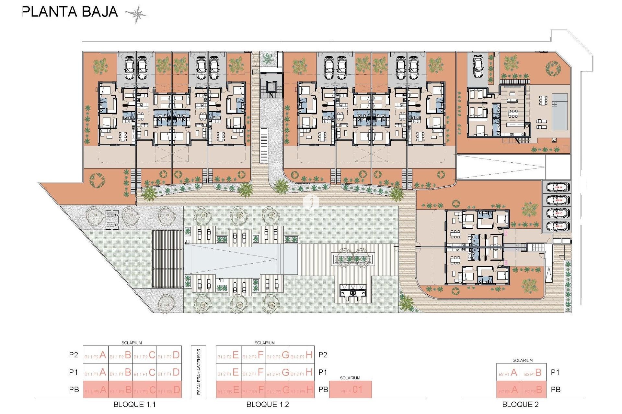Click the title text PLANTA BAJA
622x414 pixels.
coord(70,12)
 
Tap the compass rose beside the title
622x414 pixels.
coord(137,14)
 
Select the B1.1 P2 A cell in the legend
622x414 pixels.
coord(96,355)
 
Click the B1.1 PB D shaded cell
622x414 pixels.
coord(169,390)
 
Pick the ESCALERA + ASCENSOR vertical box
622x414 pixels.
coord(199,372)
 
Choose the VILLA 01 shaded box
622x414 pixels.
coord(351,389)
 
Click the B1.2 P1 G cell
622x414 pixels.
coord(277,372)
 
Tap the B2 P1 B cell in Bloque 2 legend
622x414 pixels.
coord(534,373)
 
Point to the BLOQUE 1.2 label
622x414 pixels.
coord(268,404)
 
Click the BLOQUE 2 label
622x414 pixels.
coord(520,404)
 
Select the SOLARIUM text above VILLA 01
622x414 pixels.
coord(350,378)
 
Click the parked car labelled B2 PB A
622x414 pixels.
coord(558,187)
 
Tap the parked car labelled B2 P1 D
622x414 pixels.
coord(558,226)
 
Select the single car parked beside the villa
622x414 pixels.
coord(478,66)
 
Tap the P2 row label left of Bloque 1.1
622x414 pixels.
coord(74,355)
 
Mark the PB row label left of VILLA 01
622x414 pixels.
coord(323,389)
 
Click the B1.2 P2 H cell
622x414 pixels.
coord(302,355)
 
